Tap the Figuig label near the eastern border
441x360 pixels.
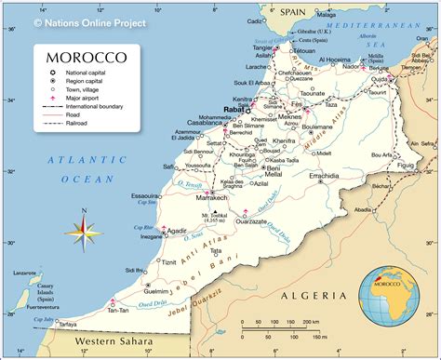(x=405, y=165)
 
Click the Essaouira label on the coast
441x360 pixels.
(x=146, y=196)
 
